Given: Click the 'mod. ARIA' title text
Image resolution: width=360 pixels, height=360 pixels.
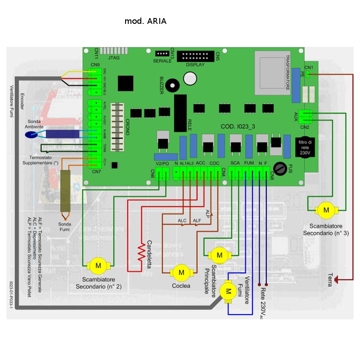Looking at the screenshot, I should click(145, 21).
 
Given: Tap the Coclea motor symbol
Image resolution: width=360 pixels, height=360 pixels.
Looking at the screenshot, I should click(181, 272).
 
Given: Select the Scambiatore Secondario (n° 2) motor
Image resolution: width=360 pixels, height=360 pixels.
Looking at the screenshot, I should click(98, 265).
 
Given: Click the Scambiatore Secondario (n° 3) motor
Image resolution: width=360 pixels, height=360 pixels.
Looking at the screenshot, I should click(327, 209).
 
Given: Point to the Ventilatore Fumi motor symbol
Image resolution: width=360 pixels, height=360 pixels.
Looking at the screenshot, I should click(228, 291).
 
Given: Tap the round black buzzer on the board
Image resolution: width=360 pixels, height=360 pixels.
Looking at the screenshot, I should click(171, 85).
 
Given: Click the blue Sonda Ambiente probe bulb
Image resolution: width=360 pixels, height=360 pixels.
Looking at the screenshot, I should click(34, 133).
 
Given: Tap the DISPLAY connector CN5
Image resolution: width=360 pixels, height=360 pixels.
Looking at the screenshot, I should click(195, 57).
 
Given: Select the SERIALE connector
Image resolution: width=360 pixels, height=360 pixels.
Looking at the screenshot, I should click(162, 54).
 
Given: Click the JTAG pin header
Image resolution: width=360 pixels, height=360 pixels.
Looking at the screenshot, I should click(114, 51).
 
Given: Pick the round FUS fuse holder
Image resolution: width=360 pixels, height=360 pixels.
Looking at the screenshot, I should click(280, 168).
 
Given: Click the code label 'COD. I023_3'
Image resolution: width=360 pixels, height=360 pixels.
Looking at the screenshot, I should click(238, 127).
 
